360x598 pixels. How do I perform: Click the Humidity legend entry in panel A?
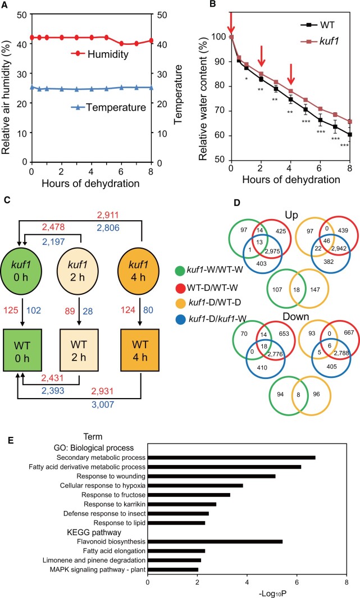coord(103,54)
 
